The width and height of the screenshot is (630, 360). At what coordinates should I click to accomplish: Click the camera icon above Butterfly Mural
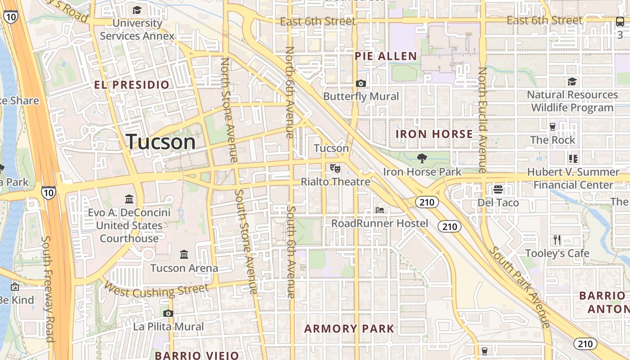click(360, 83)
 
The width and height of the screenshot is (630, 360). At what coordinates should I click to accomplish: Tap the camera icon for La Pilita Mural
click(168, 313)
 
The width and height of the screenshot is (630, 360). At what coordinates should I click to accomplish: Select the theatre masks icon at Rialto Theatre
click(335, 168)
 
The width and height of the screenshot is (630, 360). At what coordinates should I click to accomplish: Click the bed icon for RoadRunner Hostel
click(380, 210)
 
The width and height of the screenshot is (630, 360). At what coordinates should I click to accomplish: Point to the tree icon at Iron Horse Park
click(422, 158)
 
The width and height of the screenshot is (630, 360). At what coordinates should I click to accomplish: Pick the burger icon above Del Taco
click(498, 189)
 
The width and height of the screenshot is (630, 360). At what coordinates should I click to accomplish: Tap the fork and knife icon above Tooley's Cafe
click(557, 239)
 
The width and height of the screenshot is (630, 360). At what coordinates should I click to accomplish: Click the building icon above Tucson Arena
click(184, 255)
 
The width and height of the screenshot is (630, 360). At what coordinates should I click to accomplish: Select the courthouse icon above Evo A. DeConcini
click(129, 198)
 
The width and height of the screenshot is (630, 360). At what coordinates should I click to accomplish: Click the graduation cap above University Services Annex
click(137, 10)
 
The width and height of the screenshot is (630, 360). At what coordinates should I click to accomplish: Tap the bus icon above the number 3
click(620, 21)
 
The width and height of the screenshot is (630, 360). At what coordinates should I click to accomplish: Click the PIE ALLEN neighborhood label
click(386, 56)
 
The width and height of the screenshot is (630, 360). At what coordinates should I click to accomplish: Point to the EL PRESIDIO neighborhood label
click(132, 85)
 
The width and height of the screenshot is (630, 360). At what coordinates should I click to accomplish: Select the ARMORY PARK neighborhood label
click(349, 328)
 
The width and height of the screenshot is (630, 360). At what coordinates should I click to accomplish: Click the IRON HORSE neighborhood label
click(434, 134)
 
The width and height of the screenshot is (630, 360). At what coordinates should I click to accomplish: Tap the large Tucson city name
click(161, 142)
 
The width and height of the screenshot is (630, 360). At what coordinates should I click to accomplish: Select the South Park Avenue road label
click(520, 287)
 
